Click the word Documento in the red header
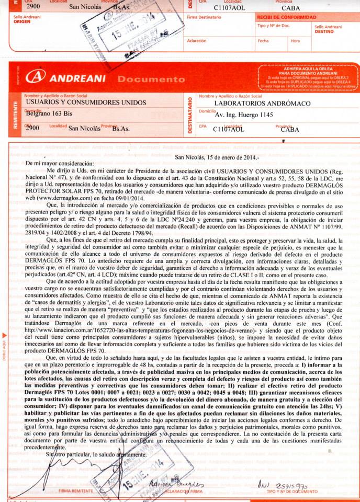pos(151,79)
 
